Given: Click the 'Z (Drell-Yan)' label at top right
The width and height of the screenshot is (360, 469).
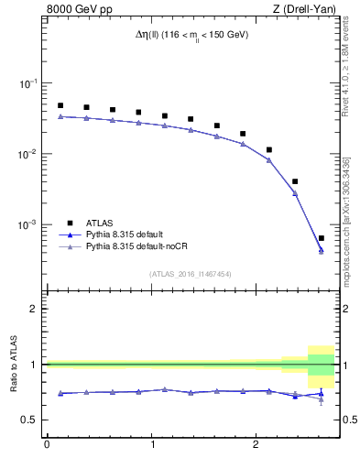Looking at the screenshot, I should (305, 10).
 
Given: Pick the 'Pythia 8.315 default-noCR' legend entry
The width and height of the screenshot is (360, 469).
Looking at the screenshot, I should (138, 248).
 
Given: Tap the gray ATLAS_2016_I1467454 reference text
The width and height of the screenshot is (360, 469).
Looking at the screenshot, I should (191, 273).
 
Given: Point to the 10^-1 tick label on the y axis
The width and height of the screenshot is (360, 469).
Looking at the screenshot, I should (30, 83).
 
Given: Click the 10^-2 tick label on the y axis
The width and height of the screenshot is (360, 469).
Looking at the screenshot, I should (30, 154).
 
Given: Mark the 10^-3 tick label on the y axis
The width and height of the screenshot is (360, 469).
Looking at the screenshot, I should (30, 224).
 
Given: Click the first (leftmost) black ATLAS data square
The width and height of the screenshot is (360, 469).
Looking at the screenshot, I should (60, 105).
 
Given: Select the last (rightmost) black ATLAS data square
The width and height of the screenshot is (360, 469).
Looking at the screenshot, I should (321, 238).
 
